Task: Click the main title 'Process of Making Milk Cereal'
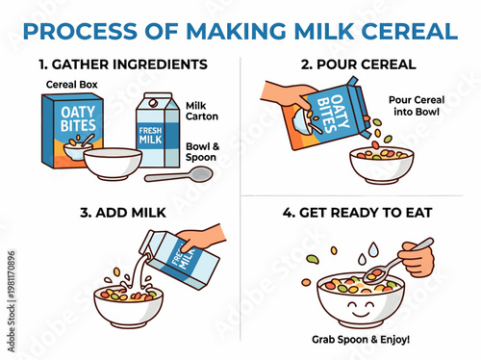(x=240, y=30)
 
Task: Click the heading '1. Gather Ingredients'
(x=124, y=64)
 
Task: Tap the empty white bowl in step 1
(x=113, y=165)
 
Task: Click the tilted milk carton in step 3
(x=184, y=258)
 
